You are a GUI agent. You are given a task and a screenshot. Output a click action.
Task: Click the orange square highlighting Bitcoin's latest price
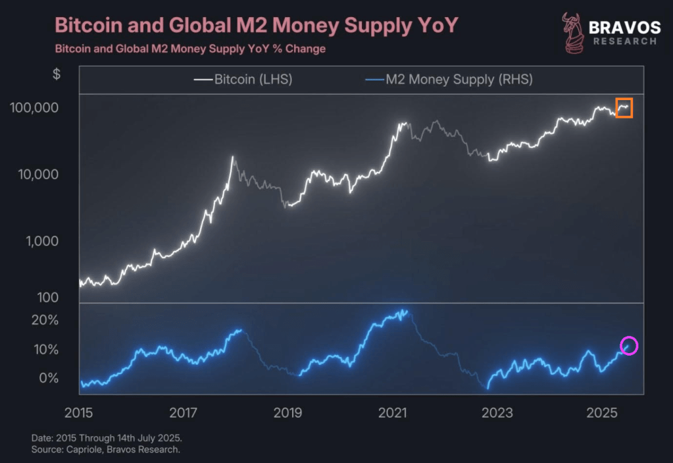click(624, 107)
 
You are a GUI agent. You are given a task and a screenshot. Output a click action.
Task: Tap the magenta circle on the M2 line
click(629, 345)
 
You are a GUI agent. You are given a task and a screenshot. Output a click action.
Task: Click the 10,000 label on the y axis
click(37, 175)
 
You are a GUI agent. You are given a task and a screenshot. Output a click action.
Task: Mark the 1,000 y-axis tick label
click(40, 242)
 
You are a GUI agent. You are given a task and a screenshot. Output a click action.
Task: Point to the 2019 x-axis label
click(287, 413)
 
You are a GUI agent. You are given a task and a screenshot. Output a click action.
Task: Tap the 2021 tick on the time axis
click(393, 413)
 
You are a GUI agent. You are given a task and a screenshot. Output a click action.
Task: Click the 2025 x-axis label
click(601, 413)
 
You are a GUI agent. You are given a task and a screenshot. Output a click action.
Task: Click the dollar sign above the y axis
click(57, 74)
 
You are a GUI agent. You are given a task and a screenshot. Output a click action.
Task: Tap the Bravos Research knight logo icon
click(571, 32)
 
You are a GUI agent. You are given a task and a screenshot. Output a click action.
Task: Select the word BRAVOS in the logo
click(624, 27)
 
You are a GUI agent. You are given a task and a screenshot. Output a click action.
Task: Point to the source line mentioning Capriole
click(106, 449)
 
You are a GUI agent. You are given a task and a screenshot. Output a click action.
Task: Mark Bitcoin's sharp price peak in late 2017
click(233, 157)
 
